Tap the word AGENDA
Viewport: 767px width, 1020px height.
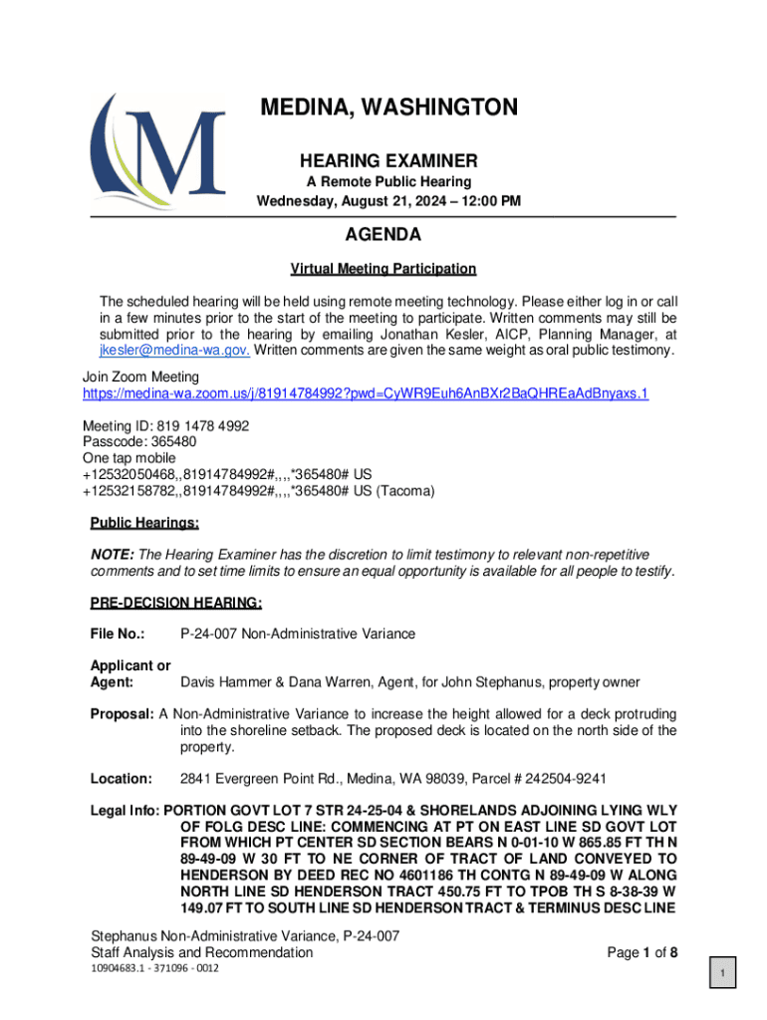coord(383,236)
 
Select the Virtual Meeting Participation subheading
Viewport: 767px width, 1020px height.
coord(383,269)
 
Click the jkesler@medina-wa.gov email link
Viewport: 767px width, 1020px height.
coord(173,351)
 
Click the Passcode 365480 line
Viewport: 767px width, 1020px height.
coord(138,440)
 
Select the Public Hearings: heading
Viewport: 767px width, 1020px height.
coord(144,523)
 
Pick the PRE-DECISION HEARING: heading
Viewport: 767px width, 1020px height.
coord(176,603)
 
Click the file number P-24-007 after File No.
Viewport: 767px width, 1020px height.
coord(211,634)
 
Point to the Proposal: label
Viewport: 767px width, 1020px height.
coord(122,714)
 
